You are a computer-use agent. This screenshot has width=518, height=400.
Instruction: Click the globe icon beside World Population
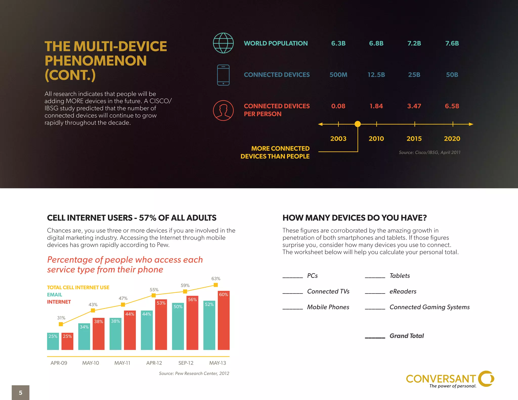pos(223,43)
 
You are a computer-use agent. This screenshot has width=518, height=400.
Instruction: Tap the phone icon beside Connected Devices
pos(223,75)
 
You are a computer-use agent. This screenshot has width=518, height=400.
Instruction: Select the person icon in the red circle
pos(223,110)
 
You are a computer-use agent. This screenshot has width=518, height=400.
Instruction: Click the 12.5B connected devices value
pos(376,75)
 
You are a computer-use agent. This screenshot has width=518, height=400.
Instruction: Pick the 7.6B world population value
pos(452,43)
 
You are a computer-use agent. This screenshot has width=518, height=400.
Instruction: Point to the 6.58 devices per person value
pos(452,106)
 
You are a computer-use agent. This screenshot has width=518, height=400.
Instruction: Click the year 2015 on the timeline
pos(414,139)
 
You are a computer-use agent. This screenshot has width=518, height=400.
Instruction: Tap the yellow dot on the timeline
pos(358,124)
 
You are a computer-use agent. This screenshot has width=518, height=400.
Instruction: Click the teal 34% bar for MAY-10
pos(84,337)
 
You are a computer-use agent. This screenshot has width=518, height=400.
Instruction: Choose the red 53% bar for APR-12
pos(161,325)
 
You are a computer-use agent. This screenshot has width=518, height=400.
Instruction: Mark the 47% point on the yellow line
pos(123,305)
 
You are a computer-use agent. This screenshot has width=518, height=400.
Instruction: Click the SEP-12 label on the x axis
pos(186,363)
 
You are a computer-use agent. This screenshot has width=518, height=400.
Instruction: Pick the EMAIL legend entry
pos(54,295)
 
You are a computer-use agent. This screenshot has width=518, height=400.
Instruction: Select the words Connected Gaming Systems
pos(429,307)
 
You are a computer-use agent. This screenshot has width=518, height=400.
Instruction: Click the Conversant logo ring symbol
pos(486,379)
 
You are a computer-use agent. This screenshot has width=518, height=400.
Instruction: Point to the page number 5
pos(20,393)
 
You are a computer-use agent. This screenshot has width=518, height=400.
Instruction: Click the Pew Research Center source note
pos(194,373)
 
